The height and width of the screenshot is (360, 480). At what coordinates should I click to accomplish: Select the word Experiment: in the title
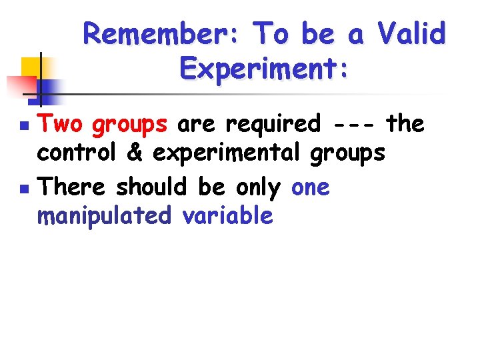pyautogui.click(x=264, y=68)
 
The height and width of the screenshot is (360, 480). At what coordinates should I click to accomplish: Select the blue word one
pyautogui.click(x=311, y=189)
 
